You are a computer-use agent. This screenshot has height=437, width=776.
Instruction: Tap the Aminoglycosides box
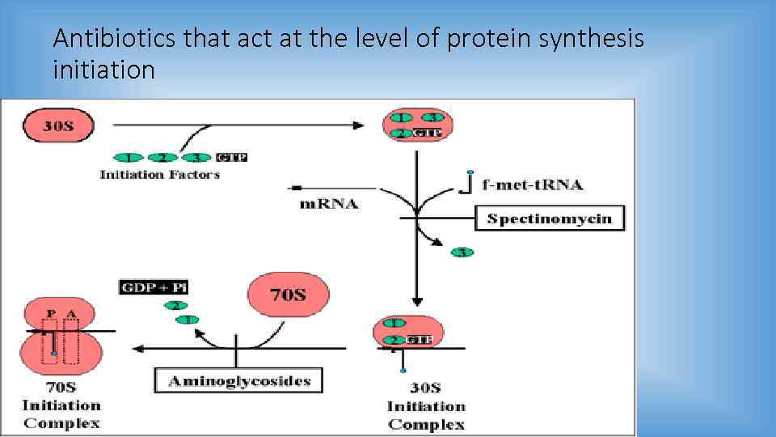click(x=238, y=380)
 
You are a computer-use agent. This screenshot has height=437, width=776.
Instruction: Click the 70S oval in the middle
click(x=288, y=294)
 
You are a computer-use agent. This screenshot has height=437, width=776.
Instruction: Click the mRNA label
click(x=329, y=203)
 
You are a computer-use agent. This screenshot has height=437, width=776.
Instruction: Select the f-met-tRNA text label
click(x=532, y=185)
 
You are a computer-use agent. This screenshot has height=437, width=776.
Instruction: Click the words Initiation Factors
click(x=159, y=174)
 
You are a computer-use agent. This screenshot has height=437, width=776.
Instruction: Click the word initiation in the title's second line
click(x=103, y=70)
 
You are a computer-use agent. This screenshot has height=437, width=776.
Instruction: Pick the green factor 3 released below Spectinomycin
click(x=462, y=252)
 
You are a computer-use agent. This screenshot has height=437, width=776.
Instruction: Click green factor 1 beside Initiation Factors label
click(x=128, y=157)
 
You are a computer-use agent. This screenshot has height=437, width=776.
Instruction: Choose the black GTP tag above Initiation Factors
click(x=231, y=157)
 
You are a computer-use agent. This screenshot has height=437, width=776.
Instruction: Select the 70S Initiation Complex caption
click(x=61, y=414)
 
